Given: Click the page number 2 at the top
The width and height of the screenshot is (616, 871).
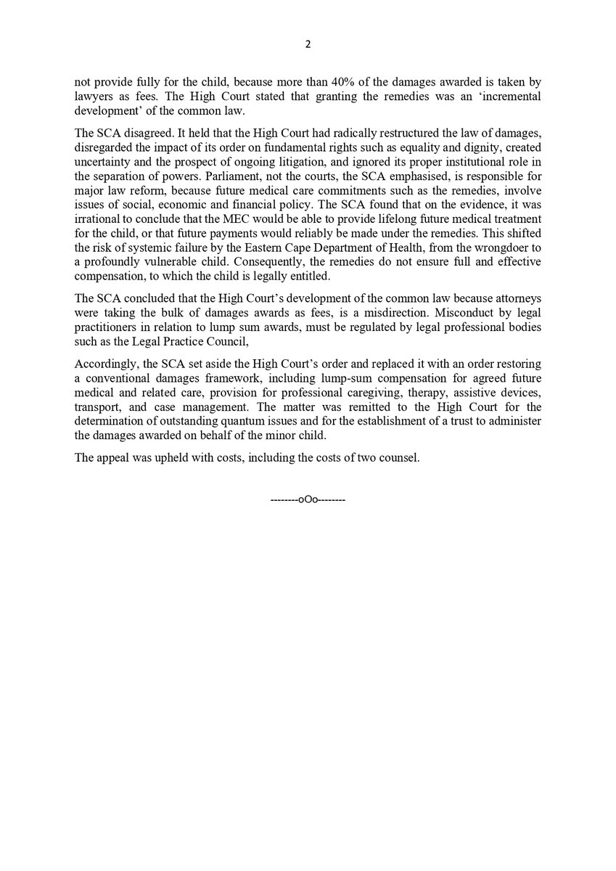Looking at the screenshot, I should pos(308,44).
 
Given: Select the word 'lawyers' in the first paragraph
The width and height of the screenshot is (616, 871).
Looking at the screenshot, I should pos(92,97).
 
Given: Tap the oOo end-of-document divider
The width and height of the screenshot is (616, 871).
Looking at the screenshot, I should pos(308,500).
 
